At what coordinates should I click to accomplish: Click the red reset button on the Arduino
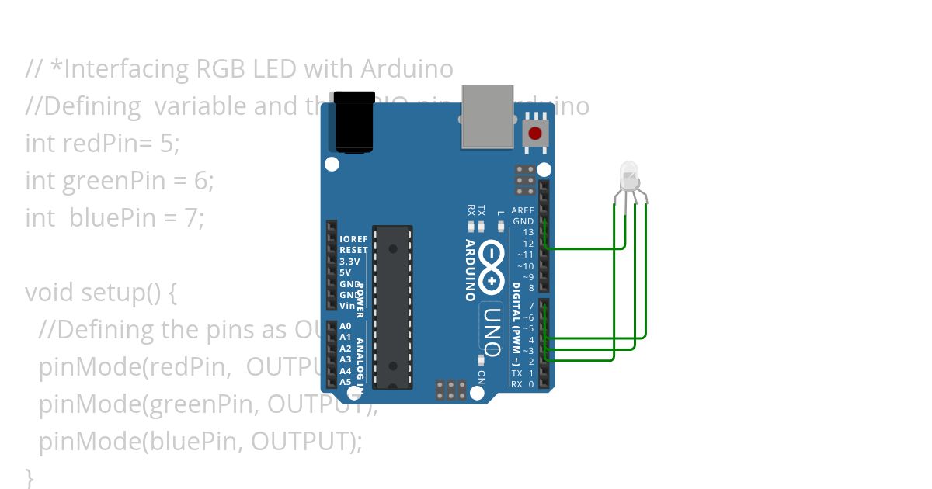coord(535,133)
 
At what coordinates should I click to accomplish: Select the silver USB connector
coord(487,116)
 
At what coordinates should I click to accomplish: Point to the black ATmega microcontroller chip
coord(393,307)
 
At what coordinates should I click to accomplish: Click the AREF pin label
coord(523,210)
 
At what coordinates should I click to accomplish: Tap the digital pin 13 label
coord(528,232)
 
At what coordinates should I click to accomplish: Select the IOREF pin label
coord(353,239)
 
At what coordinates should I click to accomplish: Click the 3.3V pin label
coord(350,262)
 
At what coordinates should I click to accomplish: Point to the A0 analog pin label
coord(346,327)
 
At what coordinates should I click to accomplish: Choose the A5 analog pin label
coord(346,382)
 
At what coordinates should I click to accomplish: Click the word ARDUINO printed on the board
coord(471,270)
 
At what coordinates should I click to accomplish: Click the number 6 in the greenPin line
coord(201,181)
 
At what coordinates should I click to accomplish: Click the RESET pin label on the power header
coord(353,251)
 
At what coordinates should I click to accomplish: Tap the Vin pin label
coord(347,306)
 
